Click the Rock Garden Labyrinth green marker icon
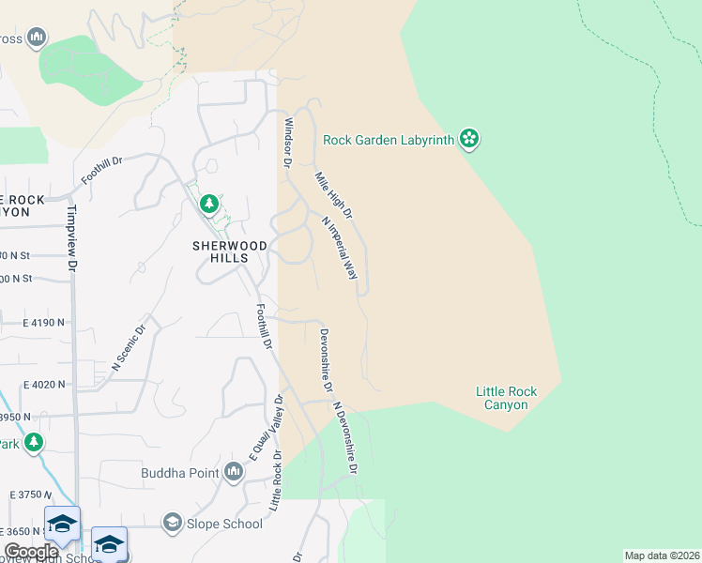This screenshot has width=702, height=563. coord(469,141)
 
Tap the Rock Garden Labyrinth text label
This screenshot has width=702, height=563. coord(389,141)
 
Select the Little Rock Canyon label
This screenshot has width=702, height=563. coord(501,398)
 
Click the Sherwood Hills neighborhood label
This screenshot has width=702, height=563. coord(230,251)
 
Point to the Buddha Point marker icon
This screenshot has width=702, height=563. coord(234,473)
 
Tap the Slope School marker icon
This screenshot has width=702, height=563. coord(172,522)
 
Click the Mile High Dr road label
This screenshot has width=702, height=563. coord(333,195)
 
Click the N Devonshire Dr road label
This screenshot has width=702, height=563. coord(345,438)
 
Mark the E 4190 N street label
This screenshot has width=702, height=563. coord(44,323)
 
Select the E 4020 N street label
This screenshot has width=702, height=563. coord(44,384)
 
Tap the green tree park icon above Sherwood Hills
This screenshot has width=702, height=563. coord(209,203)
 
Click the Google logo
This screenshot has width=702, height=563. coord(30,552)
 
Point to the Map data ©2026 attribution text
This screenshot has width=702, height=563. coord(662,555)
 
